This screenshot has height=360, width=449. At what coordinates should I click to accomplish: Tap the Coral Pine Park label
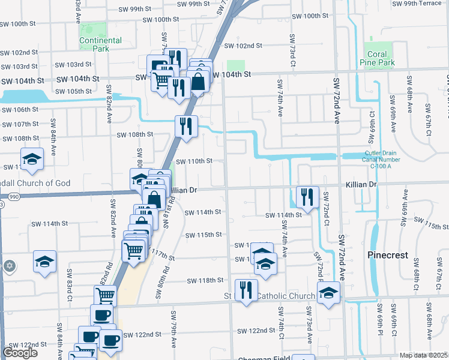tap(377, 58)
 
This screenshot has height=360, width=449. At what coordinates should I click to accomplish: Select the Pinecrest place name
tap(387, 255)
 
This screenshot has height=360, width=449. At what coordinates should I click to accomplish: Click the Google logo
tap(20, 353)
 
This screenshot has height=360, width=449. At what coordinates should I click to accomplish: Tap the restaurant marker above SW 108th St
tap(186, 126)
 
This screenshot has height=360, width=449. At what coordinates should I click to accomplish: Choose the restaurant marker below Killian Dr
tap(307, 197)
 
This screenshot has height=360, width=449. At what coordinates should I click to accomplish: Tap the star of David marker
tap(8, 265)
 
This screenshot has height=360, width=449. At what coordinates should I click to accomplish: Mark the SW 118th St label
tap(205, 280)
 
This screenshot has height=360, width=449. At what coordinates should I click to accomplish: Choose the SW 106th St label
tap(19, 110)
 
